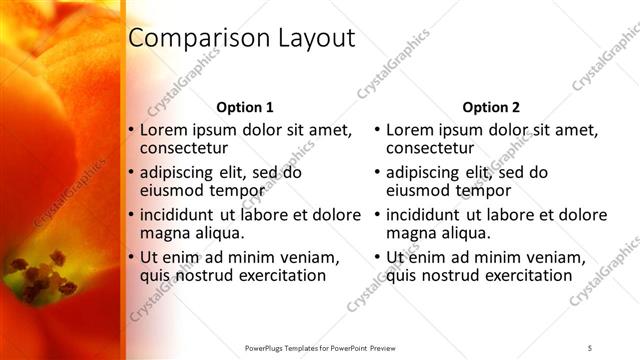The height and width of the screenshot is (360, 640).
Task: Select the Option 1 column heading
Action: pyautogui.click(x=245, y=107)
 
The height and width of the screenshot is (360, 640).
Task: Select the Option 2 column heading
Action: pyautogui.click(x=491, y=107)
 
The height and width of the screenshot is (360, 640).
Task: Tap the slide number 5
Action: pyautogui.click(x=590, y=347)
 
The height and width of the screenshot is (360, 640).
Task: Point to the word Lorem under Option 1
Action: pyautogui.click(x=162, y=130)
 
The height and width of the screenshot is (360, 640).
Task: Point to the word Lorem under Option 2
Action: pyautogui.click(x=408, y=130)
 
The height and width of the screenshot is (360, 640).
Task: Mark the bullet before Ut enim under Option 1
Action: pyautogui.click(x=130, y=257)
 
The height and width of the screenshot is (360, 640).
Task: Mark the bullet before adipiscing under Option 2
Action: pyautogui.click(x=376, y=172)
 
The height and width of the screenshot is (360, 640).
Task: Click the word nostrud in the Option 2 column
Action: pyautogui.click(x=454, y=275)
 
